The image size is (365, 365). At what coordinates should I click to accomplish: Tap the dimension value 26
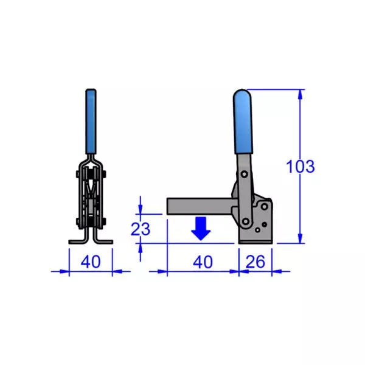[x=255, y=262]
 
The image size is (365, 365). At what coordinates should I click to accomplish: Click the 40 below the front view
[x=91, y=262]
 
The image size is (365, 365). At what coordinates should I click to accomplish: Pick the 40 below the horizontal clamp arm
[x=202, y=262]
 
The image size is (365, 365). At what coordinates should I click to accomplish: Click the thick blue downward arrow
[x=201, y=228]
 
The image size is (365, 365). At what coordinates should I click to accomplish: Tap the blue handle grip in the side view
[x=245, y=122]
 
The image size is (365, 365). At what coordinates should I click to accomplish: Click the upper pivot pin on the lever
[x=244, y=175]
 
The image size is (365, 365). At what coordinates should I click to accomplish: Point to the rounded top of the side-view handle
[x=245, y=94]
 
